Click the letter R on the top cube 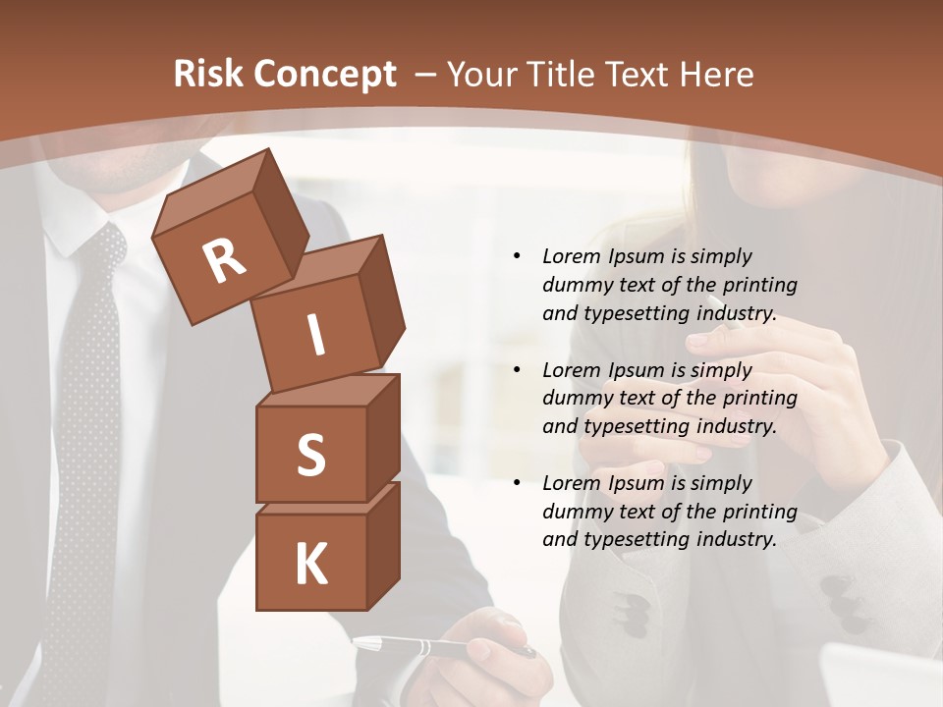tap(224, 260)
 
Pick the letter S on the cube tap(310, 455)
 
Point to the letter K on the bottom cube tap(310, 565)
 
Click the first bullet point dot tap(517, 256)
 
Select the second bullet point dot tap(517, 370)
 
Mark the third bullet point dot tap(517, 483)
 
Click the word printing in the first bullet tap(760, 285)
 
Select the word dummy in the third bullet tap(577, 512)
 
